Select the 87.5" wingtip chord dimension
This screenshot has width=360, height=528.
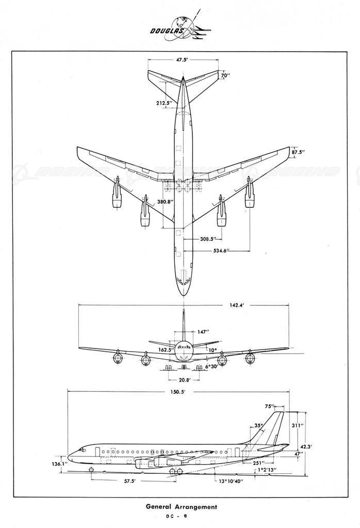coord(298,153)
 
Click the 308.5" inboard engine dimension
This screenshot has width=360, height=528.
coord(207,240)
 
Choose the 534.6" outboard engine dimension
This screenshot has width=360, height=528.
coord(221,251)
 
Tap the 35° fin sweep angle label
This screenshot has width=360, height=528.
coord(258,426)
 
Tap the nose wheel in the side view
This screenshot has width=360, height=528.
coord(92,470)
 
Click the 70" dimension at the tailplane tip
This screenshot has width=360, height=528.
coord(224,76)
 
